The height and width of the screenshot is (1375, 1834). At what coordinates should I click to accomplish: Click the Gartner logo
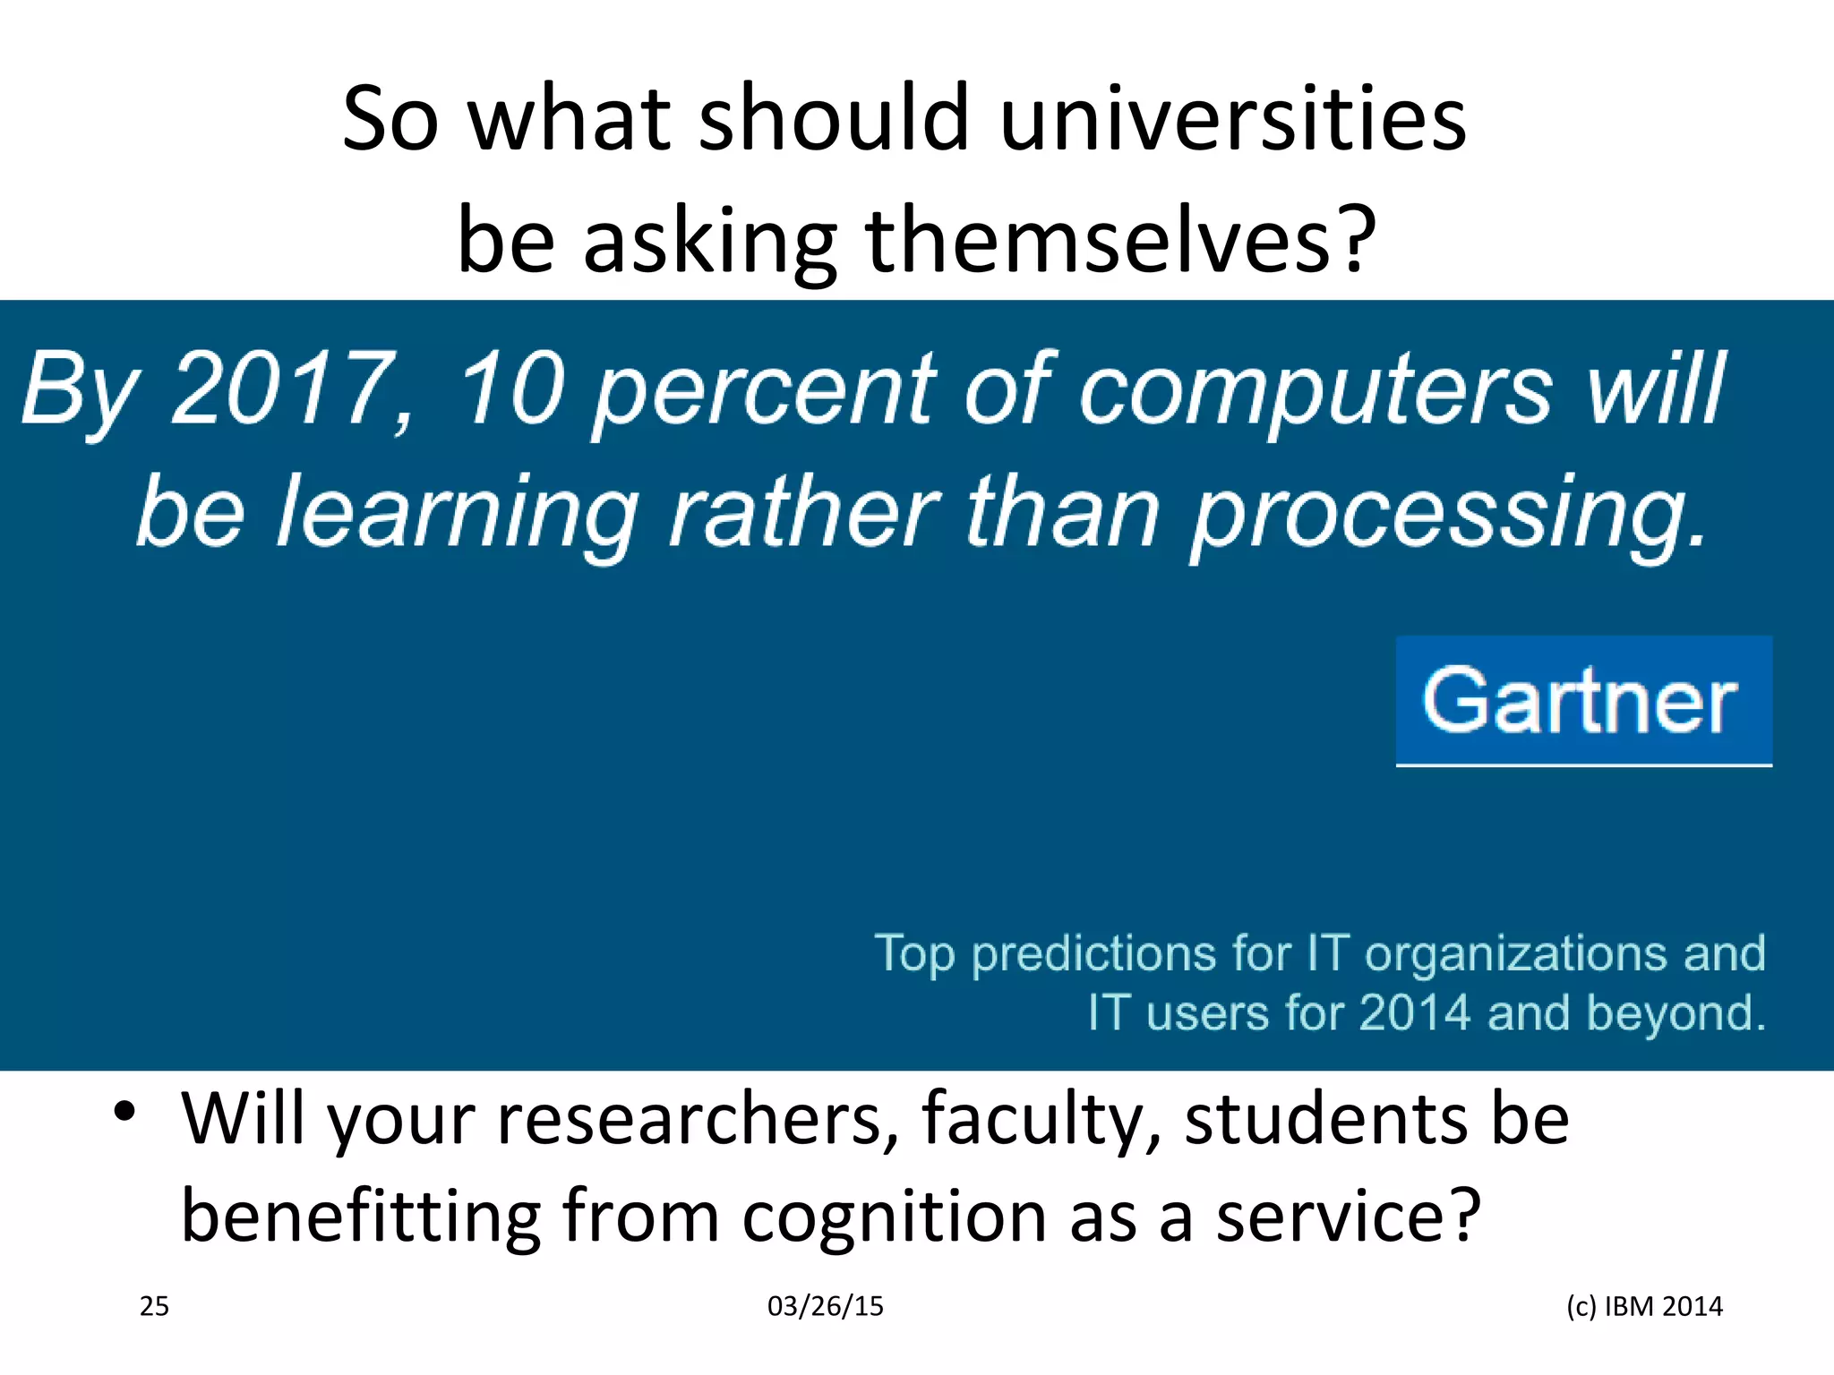pos(1582,701)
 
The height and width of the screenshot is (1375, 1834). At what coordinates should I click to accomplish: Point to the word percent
pos(764,391)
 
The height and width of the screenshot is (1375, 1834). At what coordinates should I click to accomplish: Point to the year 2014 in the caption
pos(1414,1013)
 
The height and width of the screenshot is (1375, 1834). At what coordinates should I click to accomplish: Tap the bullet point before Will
pos(124,1113)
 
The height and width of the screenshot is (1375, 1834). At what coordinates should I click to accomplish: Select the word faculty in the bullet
pos(1041,1119)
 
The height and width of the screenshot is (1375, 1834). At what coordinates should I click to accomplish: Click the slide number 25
pos(154,1306)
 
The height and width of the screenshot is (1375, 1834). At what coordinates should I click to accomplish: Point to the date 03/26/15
pos(825,1306)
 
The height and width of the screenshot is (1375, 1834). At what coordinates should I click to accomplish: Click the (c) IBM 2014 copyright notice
pos(1644,1306)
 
